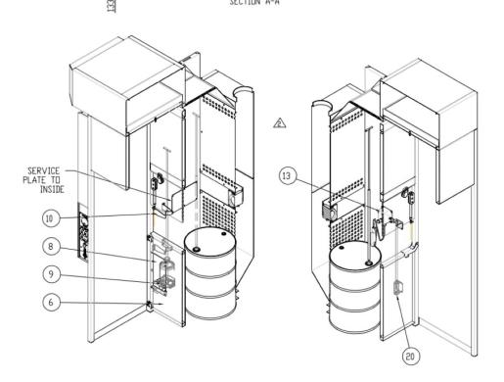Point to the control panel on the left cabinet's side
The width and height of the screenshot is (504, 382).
[86, 234]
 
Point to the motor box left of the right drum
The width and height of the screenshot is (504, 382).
[331, 210]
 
